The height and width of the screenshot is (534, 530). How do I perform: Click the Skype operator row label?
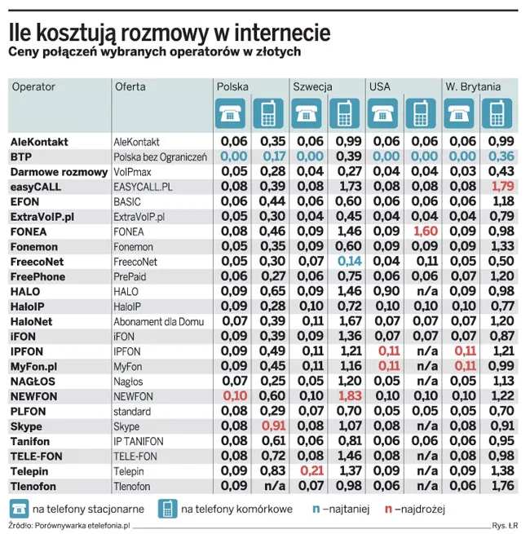pos(26,426)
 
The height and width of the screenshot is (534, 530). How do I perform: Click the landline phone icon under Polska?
pos(229,113)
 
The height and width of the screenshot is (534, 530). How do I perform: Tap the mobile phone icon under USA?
pos(421,113)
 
